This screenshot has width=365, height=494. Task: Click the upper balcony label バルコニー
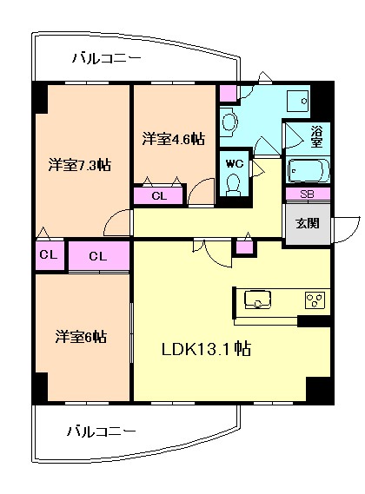click(x=107, y=58)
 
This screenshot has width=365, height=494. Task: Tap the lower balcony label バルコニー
click(x=102, y=431)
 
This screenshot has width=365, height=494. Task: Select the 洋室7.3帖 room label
click(x=79, y=165)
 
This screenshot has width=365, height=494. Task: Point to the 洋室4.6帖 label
click(x=173, y=139)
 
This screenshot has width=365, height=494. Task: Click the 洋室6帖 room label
click(x=81, y=337)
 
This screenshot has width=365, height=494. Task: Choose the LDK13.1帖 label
click(x=206, y=349)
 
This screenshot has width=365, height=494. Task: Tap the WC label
click(x=235, y=163)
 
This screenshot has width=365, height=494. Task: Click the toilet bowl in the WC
click(x=234, y=185)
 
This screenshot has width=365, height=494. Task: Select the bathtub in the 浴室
click(x=309, y=170)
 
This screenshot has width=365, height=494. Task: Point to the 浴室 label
click(x=316, y=136)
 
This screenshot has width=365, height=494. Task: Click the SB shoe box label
click(x=307, y=194)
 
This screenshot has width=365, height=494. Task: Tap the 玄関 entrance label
click(x=308, y=223)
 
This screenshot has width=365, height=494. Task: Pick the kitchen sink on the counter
click(x=258, y=300)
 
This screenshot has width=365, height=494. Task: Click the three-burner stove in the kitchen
click(x=315, y=300)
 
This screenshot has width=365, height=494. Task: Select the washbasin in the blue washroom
click(x=229, y=122)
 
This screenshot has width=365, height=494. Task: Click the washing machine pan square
click(x=297, y=101)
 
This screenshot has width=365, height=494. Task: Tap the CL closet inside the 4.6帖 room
click(x=158, y=195)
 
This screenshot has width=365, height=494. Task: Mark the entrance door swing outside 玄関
click(x=345, y=230)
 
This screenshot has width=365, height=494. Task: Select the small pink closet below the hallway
click(x=244, y=247)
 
